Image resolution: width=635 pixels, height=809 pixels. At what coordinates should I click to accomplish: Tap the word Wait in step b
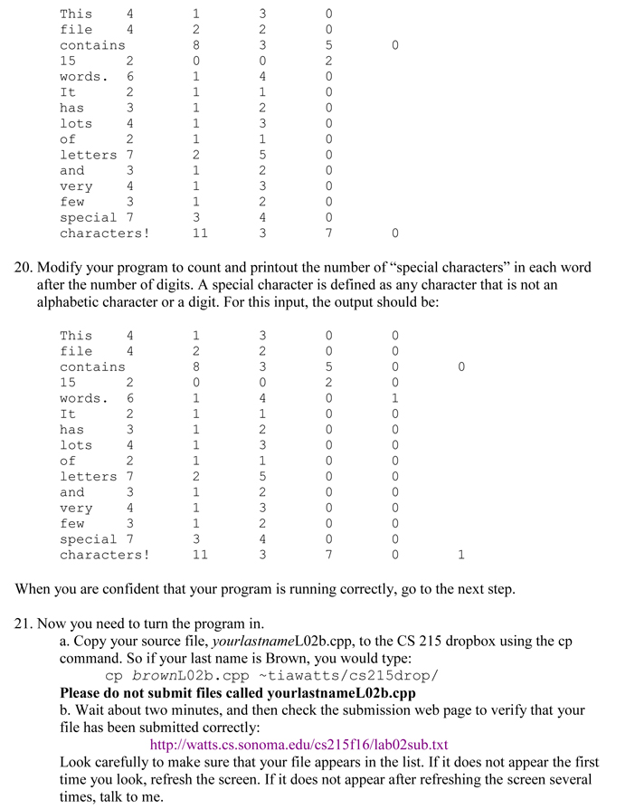point(93,710)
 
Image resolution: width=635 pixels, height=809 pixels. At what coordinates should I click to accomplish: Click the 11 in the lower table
point(199,555)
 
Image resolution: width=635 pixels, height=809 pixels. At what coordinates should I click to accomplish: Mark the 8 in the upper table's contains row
point(195,45)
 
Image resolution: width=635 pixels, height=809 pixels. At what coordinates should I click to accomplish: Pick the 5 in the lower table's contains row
point(329,367)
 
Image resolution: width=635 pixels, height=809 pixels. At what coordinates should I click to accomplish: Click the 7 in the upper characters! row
point(329,233)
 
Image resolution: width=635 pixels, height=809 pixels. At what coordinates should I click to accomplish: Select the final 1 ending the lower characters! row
point(461,555)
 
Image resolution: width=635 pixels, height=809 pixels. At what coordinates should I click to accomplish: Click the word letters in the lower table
point(88,477)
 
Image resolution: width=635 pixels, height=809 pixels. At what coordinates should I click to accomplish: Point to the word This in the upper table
point(76,14)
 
